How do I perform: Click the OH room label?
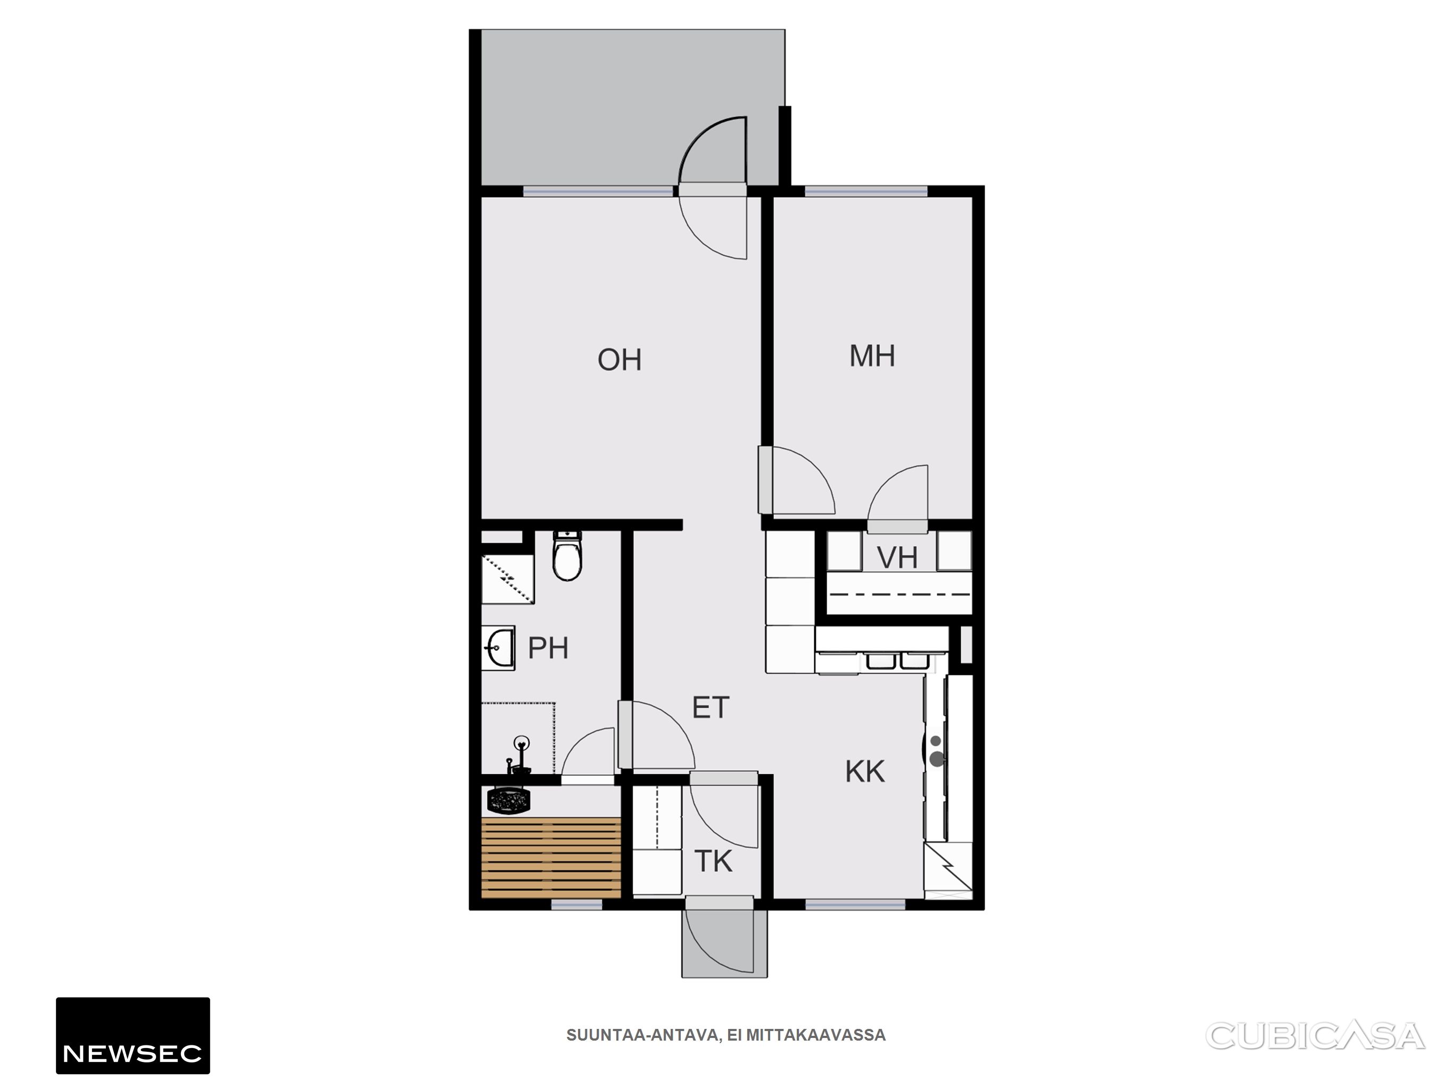click(x=619, y=359)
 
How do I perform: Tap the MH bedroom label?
click(x=872, y=356)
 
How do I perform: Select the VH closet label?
click(x=897, y=558)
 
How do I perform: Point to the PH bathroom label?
click(x=548, y=648)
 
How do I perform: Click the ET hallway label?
click(x=711, y=708)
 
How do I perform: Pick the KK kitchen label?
click(x=865, y=772)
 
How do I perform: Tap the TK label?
click(x=713, y=861)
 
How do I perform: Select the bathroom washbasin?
click(x=498, y=648)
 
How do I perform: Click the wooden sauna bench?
click(x=551, y=857)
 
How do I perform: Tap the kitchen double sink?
click(x=895, y=660)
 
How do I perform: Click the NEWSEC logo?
click(x=133, y=1036)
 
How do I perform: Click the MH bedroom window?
click(x=866, y=191)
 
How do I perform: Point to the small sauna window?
click(x=576, y=904)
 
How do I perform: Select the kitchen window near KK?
click(x=855, y=904)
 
